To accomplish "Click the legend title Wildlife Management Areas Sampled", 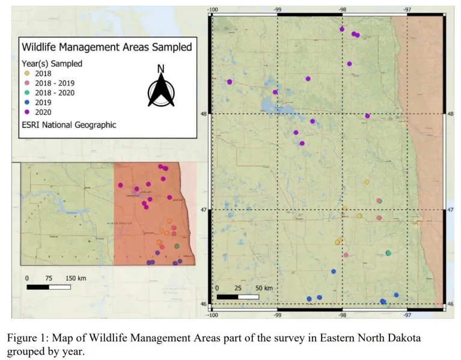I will click(x=107, y=46).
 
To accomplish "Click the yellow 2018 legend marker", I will click(x=25, y=73).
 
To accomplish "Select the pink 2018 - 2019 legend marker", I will click(x=25, y=83).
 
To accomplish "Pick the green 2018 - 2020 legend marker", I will click(x=25, y=93).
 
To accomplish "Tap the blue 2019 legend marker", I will click(x=25, y=102).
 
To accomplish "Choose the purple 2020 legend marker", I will click(x=25, y=112).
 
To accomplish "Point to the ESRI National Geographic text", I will click(x=69, y=125).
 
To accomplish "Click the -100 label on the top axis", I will click(x=212, y=9).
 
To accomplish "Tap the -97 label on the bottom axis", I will click(x=408, y=314).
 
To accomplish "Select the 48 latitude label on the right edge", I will click(x=451, y=114).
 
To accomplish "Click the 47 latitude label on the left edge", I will click(x=204, y=210).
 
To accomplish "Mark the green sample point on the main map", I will click(x=388, y=253).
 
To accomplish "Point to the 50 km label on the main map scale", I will click(x=263, y=288).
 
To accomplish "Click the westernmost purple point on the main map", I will click(x=230, y=82).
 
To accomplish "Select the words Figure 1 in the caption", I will click(x=26, y=338).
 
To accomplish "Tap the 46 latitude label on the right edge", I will click(x=451, y=304).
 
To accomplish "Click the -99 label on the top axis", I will click(x=277, y=9).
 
